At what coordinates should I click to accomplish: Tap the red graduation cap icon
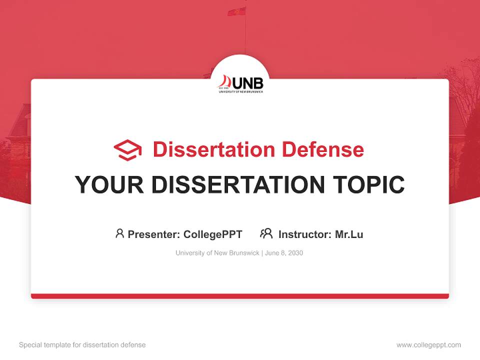(x=127, y=149)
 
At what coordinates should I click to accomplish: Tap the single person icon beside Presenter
(x=119, y=233)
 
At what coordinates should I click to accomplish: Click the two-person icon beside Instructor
(x=266, y=233)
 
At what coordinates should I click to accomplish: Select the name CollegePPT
(x=212, y=234)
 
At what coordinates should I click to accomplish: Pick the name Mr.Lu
(x=349, y=234)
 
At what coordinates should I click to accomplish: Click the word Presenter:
(x=153, y=234)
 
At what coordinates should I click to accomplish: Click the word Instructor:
(x=304, y=234)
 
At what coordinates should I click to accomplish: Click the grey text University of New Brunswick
(x=217, y=253)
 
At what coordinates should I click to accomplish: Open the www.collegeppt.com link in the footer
(x=428, y=345)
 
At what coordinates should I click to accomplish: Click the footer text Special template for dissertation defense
(x=82, y=345)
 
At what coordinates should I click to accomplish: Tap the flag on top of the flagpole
(x=236, y=11)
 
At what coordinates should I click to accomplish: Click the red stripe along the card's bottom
(x=240, y=296)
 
